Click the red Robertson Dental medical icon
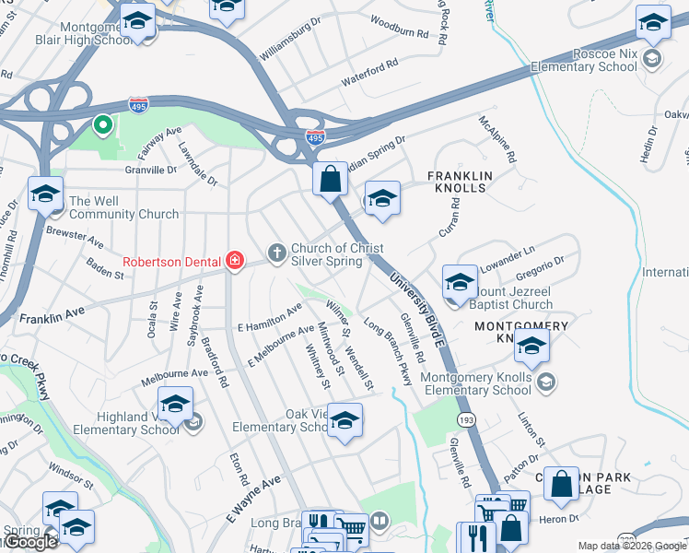[x=235, y=261]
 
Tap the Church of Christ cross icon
[x=275, y=253]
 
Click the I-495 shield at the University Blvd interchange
[x=315, y=137]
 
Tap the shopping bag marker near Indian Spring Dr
[x=330, y=178]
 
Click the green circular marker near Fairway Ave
[x=104, y=124]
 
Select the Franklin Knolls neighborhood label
[x=461, y=181]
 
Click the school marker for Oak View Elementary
[x=344, y=420]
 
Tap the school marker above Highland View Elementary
[x=175, y=403]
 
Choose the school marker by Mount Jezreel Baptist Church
[x=460, y=282]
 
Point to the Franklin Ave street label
[x=51, y=316]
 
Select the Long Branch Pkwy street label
[x=388, y=351]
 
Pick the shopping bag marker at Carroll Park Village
[x=561, y=483]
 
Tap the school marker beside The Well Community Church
[x=45, y=194]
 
